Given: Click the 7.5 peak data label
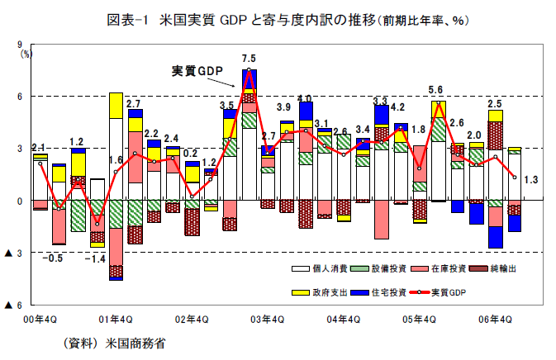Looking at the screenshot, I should pyautogui.click(x=249, y=59).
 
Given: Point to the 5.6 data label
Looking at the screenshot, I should pyautogui.click(x=435, y=90).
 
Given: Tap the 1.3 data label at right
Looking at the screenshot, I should pyautogui.click(x=531, y=180).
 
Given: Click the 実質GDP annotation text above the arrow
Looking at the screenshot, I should pyautogui.click(x=197, y=72).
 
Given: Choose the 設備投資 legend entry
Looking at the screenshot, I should pyautogui.click(x=383, y=269).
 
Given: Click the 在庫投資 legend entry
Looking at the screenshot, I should pyautogui.click(x=437, y=269).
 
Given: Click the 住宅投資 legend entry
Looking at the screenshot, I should pyautogui.click(x=383, y=292).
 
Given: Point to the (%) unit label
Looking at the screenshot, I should pyautogui.click(x=26, y=54).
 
